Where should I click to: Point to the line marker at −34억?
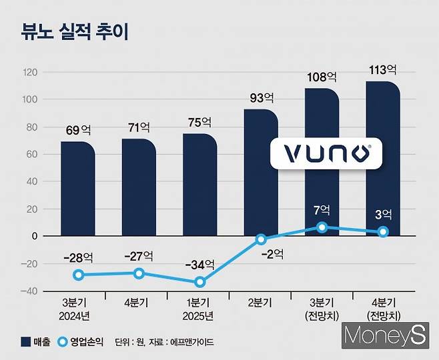(x=199, y=282)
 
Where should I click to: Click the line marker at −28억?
(x=78, y=275)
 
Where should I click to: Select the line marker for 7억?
(x=322, y=227)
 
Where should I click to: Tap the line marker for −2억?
(x=261, y=239)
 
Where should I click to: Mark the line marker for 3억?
(x=383, y=232)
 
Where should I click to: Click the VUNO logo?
(x=326, y=153)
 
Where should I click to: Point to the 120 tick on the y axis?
(x=29, y=72)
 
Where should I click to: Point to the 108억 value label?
(x=322, y=78)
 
